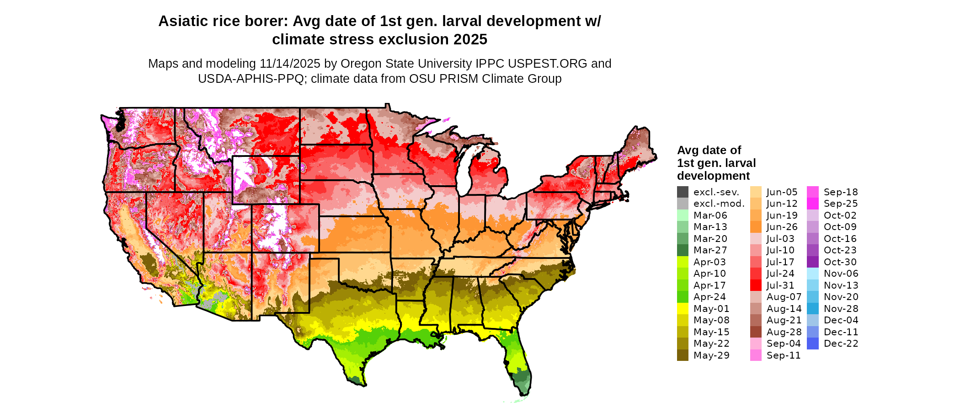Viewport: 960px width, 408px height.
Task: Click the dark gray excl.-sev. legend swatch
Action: [x=683, y=192]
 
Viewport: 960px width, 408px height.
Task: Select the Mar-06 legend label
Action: [x=710, y=215]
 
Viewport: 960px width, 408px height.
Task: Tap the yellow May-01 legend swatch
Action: [x=683, y=309]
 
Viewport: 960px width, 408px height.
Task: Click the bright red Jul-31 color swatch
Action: [x=756, y=285]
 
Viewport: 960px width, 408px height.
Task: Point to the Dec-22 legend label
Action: [x=841, y=344]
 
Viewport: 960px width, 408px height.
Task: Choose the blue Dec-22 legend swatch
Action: [x=813, y=344]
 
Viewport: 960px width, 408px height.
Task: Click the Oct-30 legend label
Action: [x=840, y=262]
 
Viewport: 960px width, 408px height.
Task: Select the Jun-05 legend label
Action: [x=782, y=192]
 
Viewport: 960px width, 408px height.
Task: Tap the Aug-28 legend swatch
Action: [x=756, y=332]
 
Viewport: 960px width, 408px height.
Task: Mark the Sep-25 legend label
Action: [x=841, y=204]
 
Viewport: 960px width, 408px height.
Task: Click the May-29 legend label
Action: [x=711, y=355]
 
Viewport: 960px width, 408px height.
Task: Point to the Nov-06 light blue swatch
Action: [x=813, y=274]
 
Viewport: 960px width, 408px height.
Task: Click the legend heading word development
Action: [x=713, y=176]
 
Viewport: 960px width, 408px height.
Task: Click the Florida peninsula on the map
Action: [x=518, y=361]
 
